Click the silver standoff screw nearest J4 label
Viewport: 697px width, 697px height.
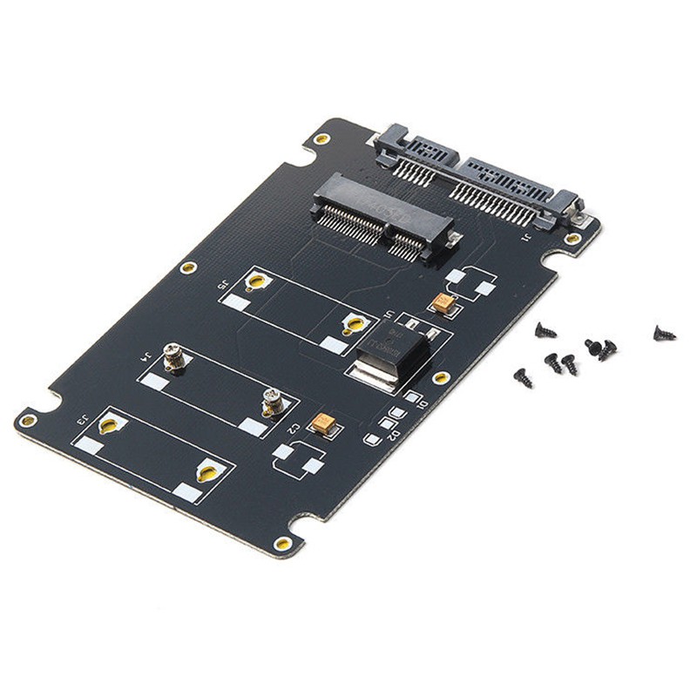click(173, 355)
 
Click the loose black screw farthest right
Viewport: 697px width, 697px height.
click(664, 332)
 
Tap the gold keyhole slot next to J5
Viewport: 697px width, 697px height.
click(255, 281)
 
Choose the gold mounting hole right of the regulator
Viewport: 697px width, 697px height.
click(441, 378)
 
